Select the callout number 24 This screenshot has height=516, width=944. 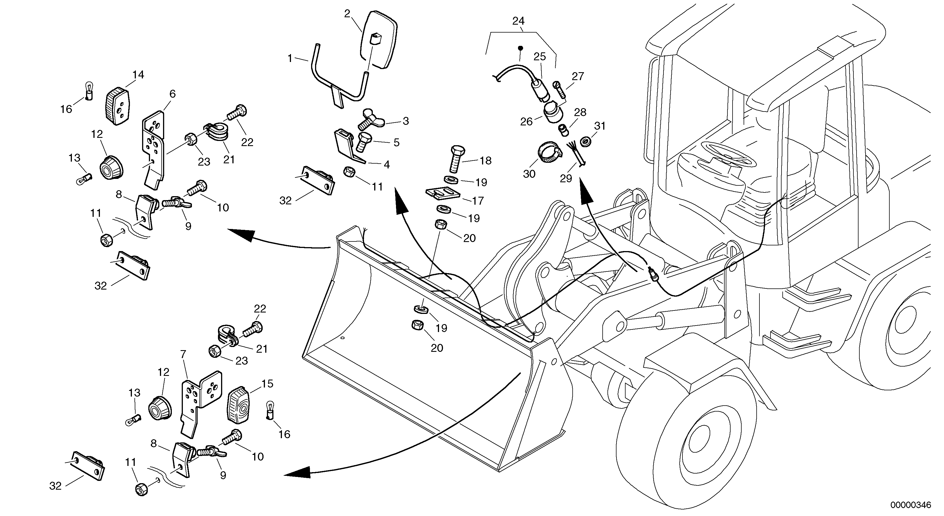click(x=518, y=21)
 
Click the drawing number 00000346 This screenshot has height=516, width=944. click(x=910, y=505)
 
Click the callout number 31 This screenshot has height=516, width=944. click(x=600, y=126)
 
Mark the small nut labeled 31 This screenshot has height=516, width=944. click(x=586, y=141)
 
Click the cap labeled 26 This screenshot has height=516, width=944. click(x=553, y=112)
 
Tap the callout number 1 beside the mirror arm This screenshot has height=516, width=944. click(x=290, y=58)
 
